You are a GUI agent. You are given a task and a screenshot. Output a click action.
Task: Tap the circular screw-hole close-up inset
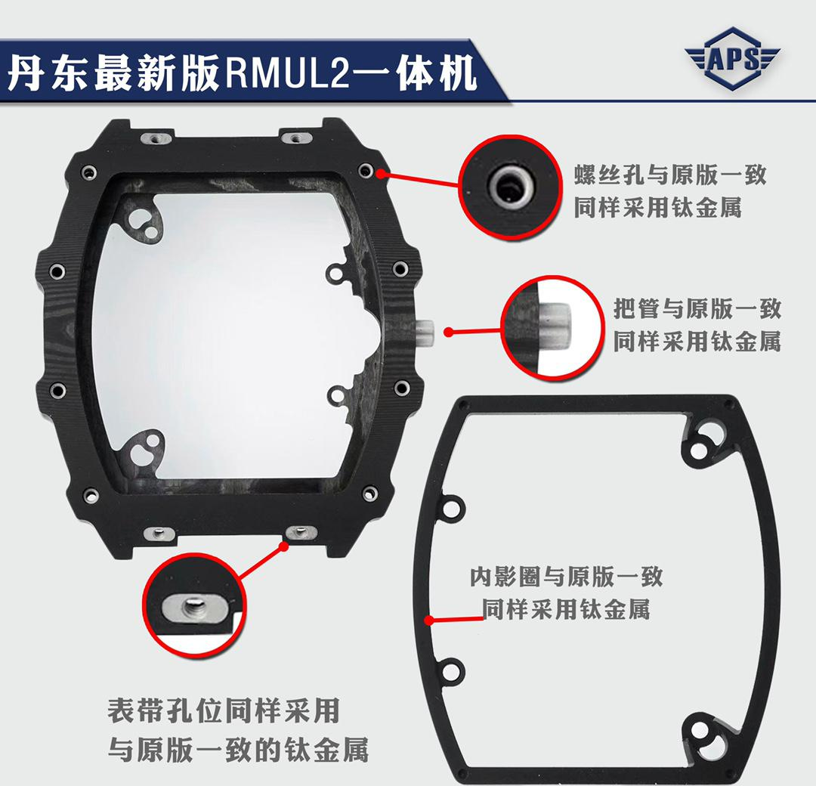[509, 187]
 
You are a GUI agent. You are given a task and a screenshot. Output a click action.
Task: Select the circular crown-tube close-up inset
[552, 326]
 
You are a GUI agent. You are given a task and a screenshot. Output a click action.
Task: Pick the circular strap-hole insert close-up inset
[195, 604]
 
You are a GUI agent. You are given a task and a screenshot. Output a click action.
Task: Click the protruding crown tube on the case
[425, 331]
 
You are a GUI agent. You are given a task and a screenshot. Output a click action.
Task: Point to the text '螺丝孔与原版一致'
[669, 175]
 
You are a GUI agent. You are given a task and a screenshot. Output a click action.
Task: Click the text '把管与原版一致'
[697, 308]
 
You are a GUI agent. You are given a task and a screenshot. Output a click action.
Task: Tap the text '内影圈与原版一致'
[566, 577]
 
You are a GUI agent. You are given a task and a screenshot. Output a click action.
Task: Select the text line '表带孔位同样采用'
[224, 710]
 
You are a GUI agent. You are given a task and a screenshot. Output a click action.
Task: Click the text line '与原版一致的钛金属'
[238, 750]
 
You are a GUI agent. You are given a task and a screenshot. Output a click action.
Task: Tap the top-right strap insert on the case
[295, 138]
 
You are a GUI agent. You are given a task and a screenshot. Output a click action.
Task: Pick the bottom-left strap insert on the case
[159, 533]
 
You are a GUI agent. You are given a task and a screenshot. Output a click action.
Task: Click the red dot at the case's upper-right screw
[382, 172]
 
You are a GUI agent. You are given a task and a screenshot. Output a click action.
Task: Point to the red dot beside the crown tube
[448, 332]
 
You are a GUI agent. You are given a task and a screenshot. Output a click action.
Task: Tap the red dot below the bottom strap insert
[283, 546]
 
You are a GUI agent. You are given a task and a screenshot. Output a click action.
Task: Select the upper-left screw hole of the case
[88, 172]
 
